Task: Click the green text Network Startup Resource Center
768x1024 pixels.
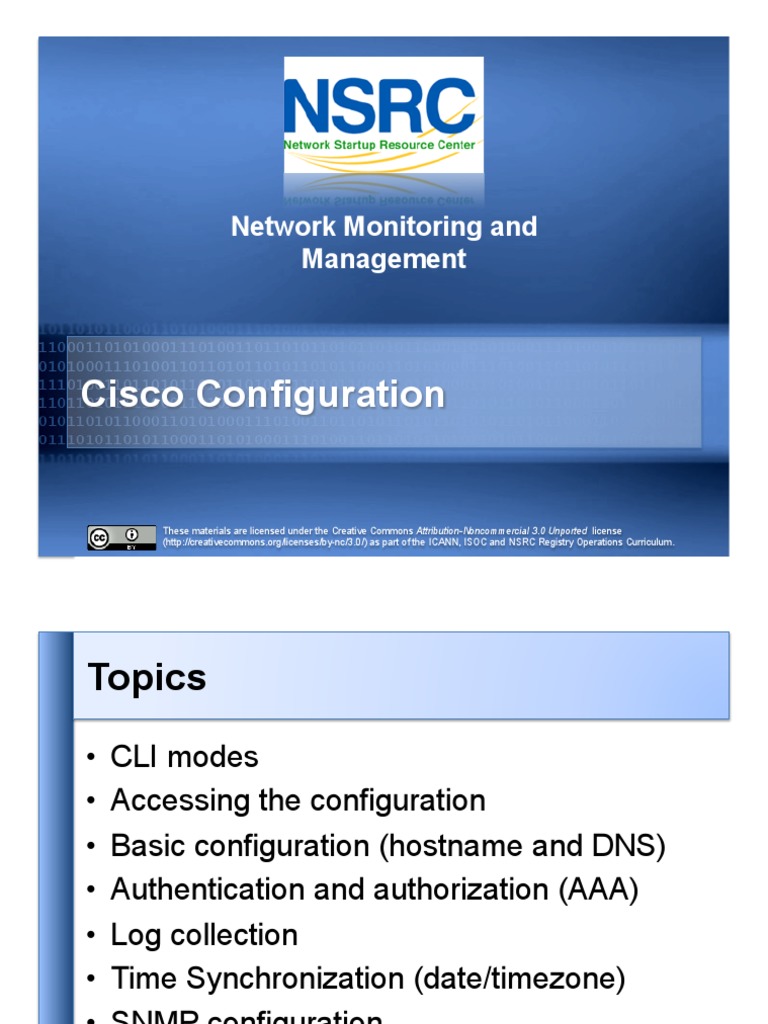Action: tap(380, 145)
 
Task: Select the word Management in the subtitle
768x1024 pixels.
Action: tap(384, 259)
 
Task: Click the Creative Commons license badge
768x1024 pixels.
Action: tap(121, 537)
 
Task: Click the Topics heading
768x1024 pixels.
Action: tap(147, 677)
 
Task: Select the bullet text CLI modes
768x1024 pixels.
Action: tap(184, 757)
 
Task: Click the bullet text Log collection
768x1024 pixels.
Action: tap(204, 935)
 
